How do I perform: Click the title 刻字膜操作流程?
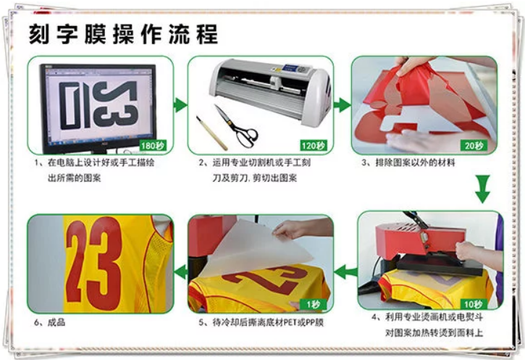coord(123,34)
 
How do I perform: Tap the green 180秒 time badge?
coord(153,146)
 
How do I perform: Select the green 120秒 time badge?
coord(313,146)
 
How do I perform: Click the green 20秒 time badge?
coord(474,146)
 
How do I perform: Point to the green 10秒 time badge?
coord(473,304)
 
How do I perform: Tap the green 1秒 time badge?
coord(314,304)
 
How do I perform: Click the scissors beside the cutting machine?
coord(236,126)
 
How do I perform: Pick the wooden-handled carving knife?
coord(211,133)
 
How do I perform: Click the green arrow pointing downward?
coord(482,189)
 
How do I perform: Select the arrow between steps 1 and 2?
coord(180,105)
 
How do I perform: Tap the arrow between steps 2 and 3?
coord(342,105)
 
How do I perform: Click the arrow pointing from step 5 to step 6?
coord(181,271)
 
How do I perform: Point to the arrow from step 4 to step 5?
coord(345,271)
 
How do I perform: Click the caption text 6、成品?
coord(49,322)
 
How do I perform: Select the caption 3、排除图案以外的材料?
coord(408,163)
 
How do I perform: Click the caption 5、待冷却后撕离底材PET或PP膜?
coord(261,322)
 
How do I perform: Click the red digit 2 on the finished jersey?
coord(77,263)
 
